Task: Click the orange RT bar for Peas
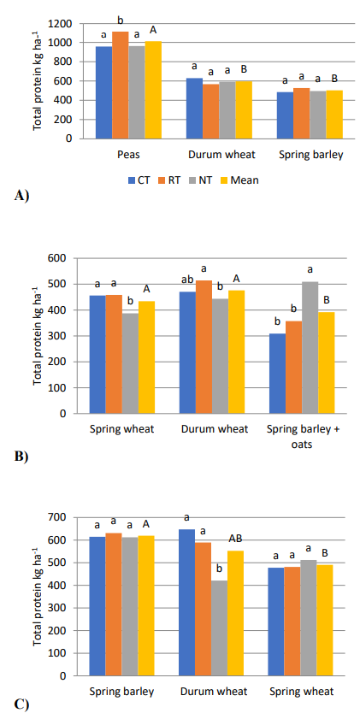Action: click(121, 85)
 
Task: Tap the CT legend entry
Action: click(141, 180)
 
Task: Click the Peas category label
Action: click(127, 155)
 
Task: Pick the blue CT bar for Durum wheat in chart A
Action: click(194, 109)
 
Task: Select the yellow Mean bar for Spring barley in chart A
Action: click(334, 115)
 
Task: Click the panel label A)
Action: click(22, 195)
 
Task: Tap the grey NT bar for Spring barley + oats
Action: click(310, 348)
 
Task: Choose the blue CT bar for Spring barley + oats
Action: click(277, 374)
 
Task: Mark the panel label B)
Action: click(21, 457)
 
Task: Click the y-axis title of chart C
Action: click(38, 597)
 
